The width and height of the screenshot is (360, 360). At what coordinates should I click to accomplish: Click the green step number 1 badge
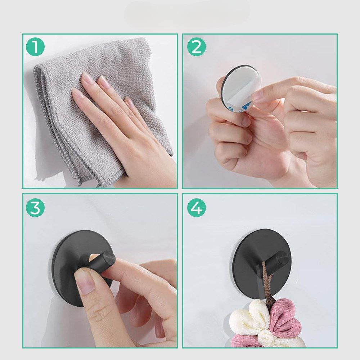(35, 47)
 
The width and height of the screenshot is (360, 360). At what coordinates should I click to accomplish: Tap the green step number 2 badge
(196, 47)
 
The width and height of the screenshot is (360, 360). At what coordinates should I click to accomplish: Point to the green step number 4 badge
(196, 208)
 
